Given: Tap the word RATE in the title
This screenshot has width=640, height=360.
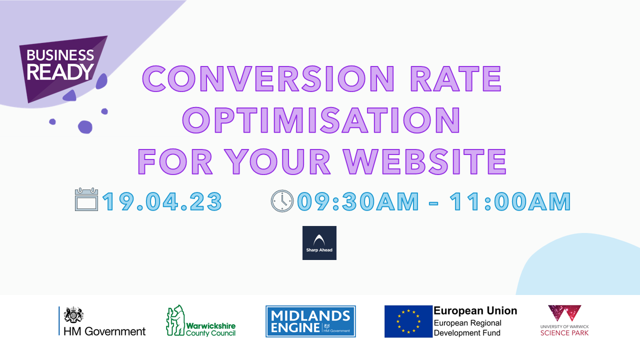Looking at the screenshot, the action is tap(456, 78).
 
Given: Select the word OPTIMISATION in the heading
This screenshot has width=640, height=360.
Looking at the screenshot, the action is tap(321, 120).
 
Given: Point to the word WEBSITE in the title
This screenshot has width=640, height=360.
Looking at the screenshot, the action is tap(425, 161).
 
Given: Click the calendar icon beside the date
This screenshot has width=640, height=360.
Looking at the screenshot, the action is tap(86, 199).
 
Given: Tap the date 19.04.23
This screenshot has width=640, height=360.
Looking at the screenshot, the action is tap(162, 201).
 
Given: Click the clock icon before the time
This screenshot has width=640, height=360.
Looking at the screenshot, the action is tap(282, 201).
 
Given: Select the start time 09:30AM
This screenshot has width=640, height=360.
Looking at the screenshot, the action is tap(358, 201).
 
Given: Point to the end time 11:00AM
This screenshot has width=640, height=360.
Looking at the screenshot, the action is tap(510, 201).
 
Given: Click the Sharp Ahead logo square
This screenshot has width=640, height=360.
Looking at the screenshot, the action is tap(319, 243).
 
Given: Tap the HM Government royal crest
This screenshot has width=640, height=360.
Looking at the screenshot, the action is tap(73, 315).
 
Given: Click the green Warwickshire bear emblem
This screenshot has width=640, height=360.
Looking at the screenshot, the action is tap(175, 320).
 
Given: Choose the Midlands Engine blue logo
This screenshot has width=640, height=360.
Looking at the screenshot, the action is tap(310, 321).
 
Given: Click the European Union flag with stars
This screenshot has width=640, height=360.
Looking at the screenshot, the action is tap(408, 321).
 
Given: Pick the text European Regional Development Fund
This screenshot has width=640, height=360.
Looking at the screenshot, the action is tap(467, 327).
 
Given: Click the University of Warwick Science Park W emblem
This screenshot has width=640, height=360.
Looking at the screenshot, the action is tap(564, 313).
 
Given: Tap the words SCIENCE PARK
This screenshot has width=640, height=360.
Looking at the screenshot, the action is tap(564, 333).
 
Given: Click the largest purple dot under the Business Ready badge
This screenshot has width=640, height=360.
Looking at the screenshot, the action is tap(85, 127).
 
